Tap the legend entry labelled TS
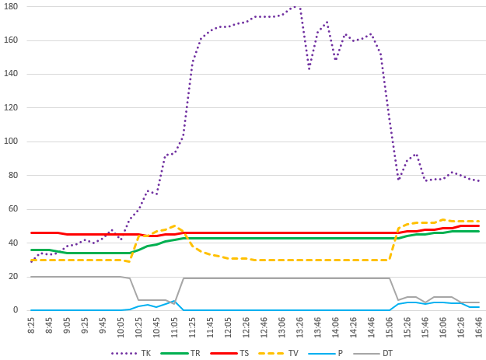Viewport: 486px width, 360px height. pos(243,352)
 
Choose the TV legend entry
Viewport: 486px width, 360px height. pos(293,352)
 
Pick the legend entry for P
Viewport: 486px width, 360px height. pos(341,352)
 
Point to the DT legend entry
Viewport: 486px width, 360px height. pos(386,352)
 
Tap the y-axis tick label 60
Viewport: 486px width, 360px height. pos(13,209)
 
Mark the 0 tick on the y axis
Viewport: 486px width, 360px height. pos(16,310)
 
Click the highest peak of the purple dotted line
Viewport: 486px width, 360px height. pos(295,6)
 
